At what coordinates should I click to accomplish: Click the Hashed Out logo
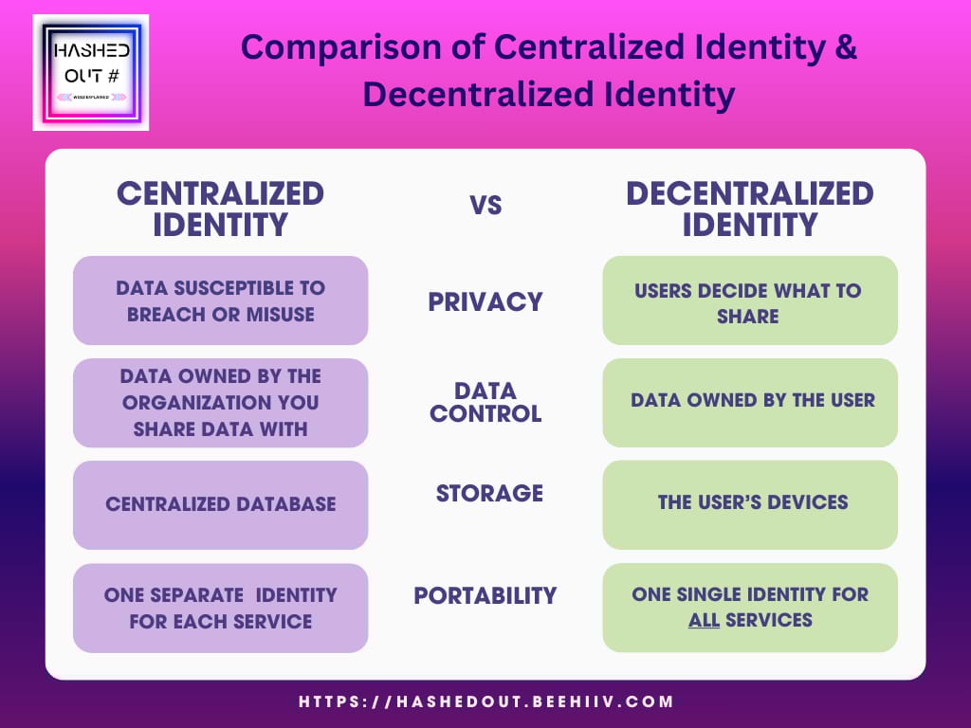[91, 72]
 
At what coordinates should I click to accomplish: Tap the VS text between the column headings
[485, 206]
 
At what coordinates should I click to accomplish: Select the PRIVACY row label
[485, 302]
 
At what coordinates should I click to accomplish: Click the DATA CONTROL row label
[485, 402]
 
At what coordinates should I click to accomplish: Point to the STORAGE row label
[489, 493]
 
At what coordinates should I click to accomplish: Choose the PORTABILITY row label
[485, 595]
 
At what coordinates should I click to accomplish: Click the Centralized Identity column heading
[220, 209]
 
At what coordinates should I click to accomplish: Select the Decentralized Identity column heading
[750, 209]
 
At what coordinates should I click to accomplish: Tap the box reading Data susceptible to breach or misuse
[220, 300]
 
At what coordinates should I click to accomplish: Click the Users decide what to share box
[750, 300]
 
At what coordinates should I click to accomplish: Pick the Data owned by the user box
[750, 402]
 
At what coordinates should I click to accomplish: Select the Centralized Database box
[220, 504]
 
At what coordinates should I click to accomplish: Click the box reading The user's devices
[750, 504]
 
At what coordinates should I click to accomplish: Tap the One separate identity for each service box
[220, 608]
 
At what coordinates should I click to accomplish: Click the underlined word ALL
[705, 620]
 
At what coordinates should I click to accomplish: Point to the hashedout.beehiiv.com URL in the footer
[486, 702]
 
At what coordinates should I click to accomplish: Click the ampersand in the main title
[845, 47]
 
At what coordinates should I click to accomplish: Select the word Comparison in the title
[340, 48]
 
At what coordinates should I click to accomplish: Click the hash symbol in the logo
[113, 76]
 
